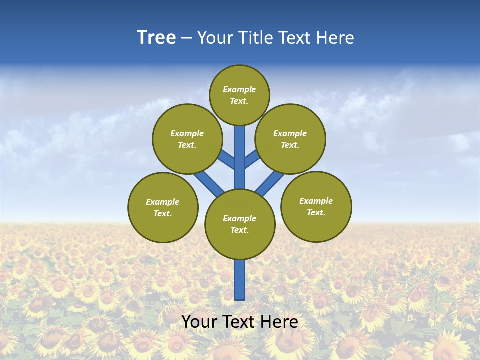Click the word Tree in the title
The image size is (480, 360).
pyautogui.click(x=156, y=38)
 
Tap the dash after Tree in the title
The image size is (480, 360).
pyautogui.click(x=186, y=38)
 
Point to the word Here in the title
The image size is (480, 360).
pyautogui.click(x=335, y=38)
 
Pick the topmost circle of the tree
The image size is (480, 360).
pyautogui.click(x=239, y=95)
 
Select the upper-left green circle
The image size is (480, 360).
pyautogui.click(x=187, y=139)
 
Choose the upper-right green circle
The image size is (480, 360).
pyautogui.click(x=290, y=139)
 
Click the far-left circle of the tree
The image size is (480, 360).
pyautogui.click(x=163, y=207)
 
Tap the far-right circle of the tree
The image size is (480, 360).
pyautogui.click(x=316, y=206)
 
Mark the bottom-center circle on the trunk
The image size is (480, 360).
pyautogui.click(x=240, y=224)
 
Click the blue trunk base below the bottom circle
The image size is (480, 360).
pyautogui.click(x=240, y=280)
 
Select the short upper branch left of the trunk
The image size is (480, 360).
pyautogui.click(x=227, y=159)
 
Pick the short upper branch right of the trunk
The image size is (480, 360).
pyautogui.click(x=252, y=158)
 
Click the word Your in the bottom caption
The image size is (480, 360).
pyautogui.click(x=200, y=322)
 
